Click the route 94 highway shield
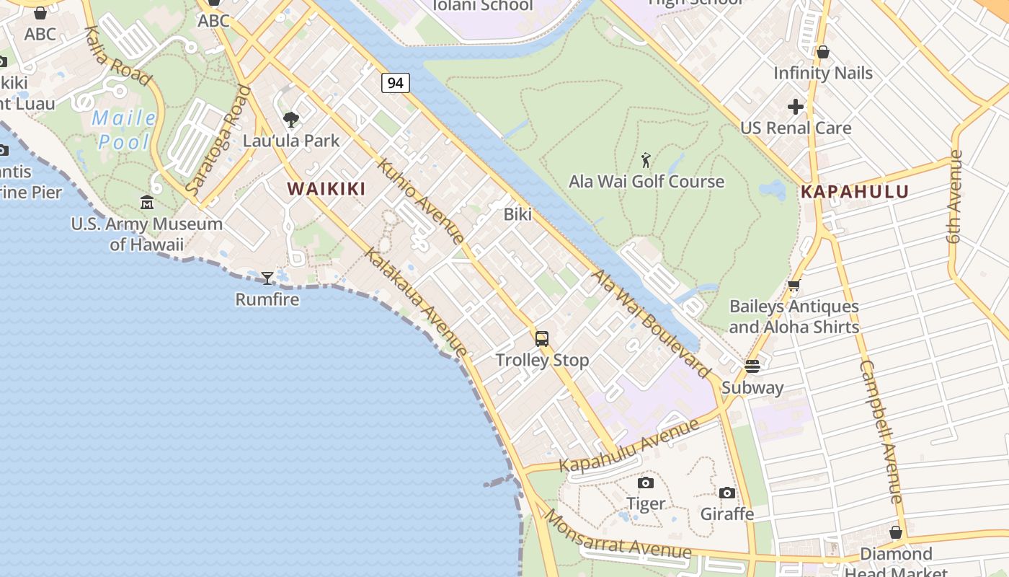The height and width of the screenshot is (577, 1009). pos(395,83)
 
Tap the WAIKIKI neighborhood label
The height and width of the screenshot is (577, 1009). pos(326,189)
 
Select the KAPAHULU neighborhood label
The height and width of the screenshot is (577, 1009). pos(855,192)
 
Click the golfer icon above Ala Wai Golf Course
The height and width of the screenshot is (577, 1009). pos(646,160)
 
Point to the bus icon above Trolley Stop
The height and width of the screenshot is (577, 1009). pos(542,338)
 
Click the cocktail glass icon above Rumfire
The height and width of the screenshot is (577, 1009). pos(267,278)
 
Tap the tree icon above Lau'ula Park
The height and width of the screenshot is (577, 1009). pos(291,120)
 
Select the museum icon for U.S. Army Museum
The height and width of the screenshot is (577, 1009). pos(147,203)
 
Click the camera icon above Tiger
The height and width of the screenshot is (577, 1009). pos(646,483)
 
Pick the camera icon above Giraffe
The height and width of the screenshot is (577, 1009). pos(727,493)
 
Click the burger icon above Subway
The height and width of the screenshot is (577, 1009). pos(752,366)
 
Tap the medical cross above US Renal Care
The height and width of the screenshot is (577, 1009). pos(796,107)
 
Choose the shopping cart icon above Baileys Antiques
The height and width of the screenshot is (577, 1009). pos(794,286)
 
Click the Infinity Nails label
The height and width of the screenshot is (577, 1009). pos(823,73)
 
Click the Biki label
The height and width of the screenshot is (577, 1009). pos(517,214)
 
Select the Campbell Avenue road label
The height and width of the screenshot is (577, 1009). pos(881,431)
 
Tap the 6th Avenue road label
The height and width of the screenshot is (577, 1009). pos(956,196)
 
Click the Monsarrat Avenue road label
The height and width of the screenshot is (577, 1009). pos(617,535)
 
